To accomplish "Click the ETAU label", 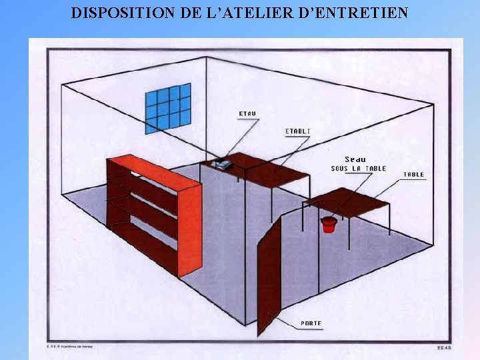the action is [247, 113].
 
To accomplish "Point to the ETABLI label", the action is [297, 131].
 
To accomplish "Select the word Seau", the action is [355, 159].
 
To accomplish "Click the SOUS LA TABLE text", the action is [358, 169].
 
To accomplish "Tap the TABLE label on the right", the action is [413, 175].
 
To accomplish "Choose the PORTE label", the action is [311, 323].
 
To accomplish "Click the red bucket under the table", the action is [327, 225].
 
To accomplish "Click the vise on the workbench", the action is [221, 163].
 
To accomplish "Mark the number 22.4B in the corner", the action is [443, 347].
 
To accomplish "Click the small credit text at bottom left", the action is [65, 347].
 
